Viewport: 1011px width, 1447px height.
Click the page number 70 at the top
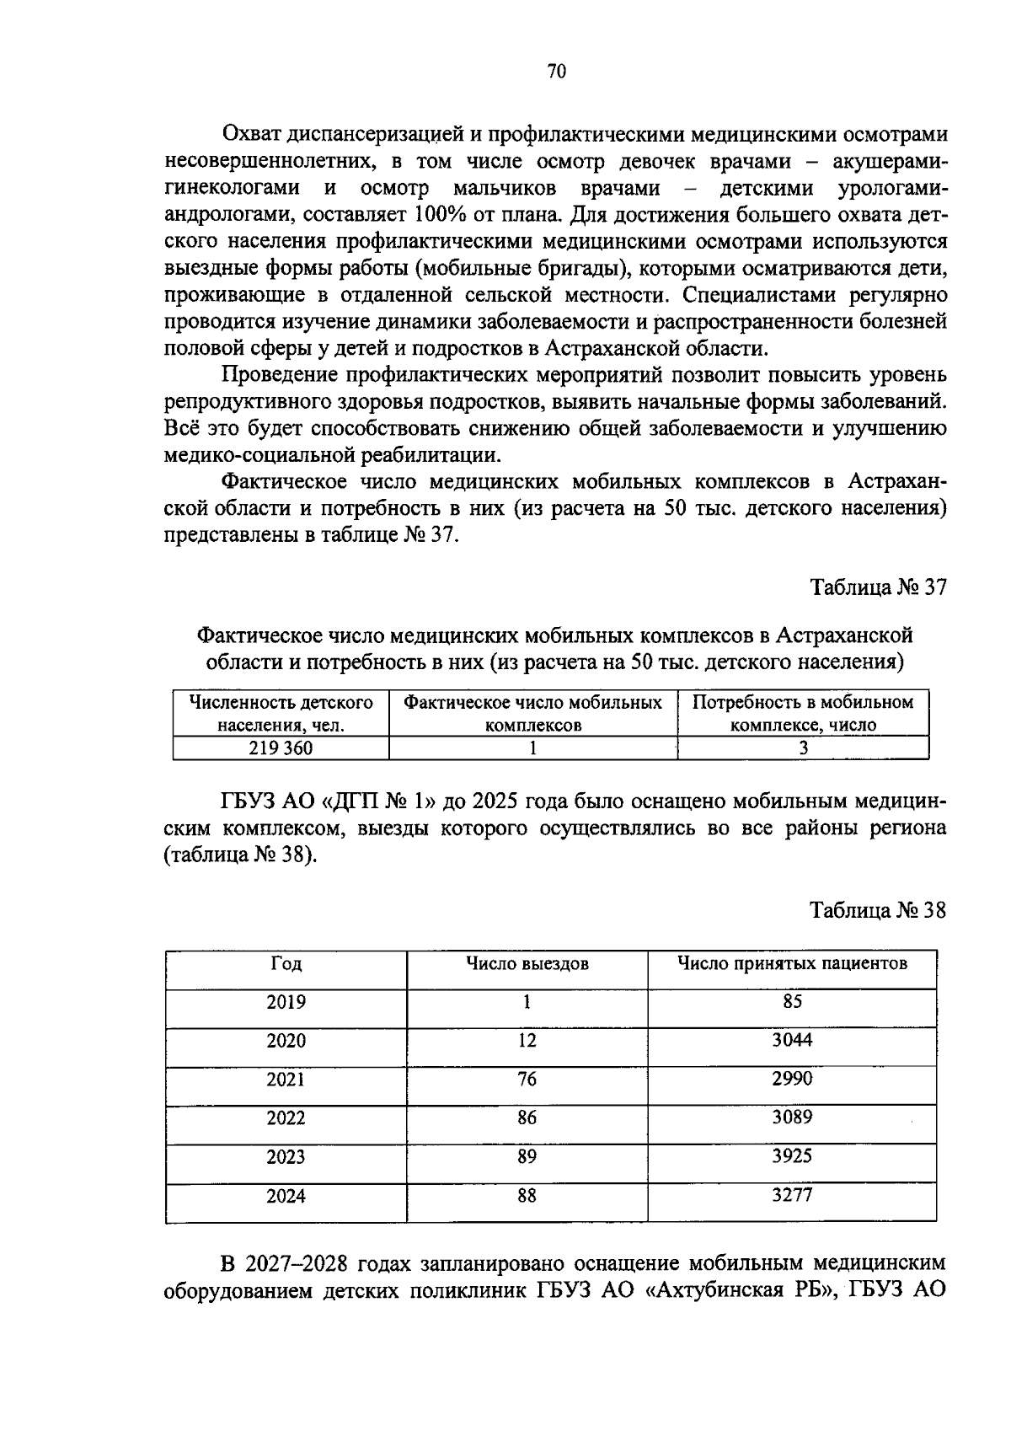(556, 72)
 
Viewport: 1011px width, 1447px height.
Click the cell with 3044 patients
(791, 1040)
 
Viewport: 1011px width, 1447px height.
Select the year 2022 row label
(286, 1118)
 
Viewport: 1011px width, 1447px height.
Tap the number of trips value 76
(527, 1080)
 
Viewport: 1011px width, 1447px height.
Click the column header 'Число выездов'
(527, 963)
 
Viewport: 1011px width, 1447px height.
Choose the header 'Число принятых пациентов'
(792, 963)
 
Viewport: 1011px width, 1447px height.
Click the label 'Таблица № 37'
(879, 587)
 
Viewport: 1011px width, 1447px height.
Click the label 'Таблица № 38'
(879, 910)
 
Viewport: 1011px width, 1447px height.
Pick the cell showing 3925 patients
(791, 1156)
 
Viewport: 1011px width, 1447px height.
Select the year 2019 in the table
(286, 1002)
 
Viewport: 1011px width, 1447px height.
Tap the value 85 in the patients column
(791, 1001)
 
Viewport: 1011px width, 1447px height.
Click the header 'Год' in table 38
(286, 963)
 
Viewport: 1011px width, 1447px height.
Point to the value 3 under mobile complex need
(803, 748)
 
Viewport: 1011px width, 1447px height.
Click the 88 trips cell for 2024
(527, 1195)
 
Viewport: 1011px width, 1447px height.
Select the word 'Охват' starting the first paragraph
(250, 134)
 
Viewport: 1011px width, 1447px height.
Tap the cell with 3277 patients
(791, 1195)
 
